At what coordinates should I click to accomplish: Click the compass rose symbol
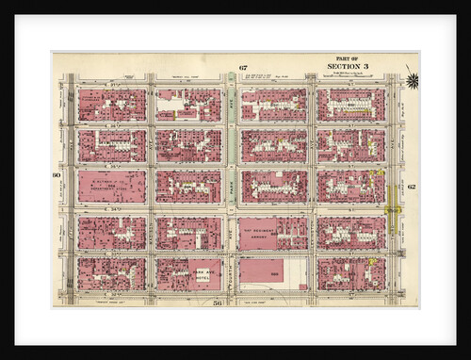pyautogui.click(x=412, y=80)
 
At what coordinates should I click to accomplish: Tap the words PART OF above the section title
pyautogui.click(x=348, y=58)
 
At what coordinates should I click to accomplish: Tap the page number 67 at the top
pyautogui.click(x=242, y=68)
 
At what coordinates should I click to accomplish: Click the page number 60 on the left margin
pyautogui.click(x=57, y=176)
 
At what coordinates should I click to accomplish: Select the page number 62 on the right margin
pyautogui.click(x=412, y=187)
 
